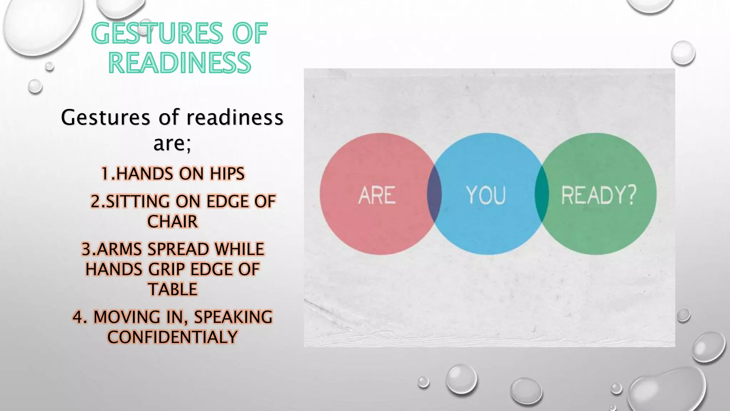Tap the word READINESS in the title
180,63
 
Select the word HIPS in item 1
227,174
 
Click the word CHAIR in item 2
173,222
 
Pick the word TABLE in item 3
173,289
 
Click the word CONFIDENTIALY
173,337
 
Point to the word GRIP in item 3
166,269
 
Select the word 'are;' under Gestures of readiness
172,143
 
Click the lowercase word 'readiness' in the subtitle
235,117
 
